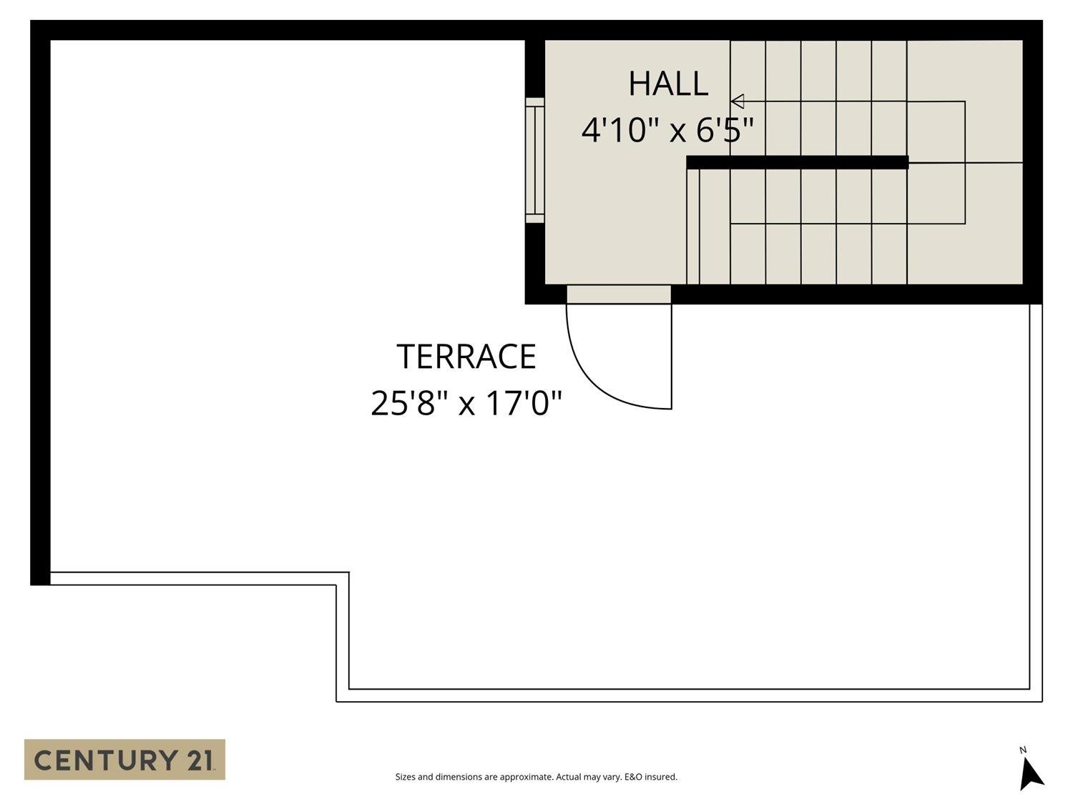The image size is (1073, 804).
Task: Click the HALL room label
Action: point(668,84)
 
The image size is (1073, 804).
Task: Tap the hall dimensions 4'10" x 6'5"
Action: point(667,130)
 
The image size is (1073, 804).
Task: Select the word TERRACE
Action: point(466,357)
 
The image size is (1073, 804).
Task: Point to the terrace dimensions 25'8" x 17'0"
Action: point(466,403)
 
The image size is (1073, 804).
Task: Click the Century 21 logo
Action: point(124,759)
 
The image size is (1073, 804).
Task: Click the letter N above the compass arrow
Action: point(1023,750)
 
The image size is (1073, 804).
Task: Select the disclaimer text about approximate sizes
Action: point(536,777)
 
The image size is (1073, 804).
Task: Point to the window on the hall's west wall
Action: point(535,160)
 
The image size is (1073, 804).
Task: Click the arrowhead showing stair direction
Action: point(738,101)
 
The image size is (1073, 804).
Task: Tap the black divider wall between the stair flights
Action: point(797,162)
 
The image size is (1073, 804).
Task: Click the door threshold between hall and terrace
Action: point(619,294)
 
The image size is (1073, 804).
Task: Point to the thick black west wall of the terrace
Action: point(40,307)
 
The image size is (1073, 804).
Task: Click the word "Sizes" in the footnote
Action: point(405,777)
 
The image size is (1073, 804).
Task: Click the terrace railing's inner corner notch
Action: point(343,579)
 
